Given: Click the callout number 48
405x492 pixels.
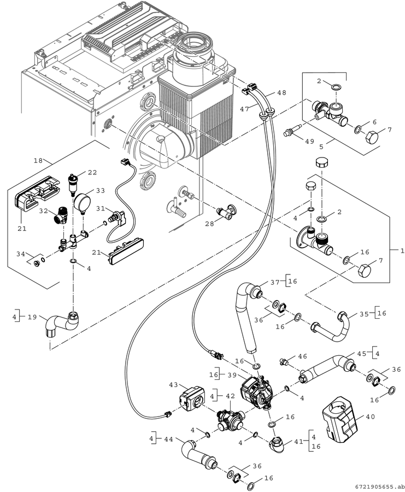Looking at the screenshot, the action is point(281,92).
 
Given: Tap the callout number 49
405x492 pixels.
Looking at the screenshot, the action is point(309,141).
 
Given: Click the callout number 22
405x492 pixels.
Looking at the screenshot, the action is point(92,172).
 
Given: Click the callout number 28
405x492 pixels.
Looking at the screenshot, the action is point(209,224).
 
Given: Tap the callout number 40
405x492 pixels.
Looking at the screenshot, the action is point(370,417).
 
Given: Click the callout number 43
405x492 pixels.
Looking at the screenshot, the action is point(173,384).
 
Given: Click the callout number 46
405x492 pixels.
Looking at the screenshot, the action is point(302,356).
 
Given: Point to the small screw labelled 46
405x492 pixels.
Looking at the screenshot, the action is point(284,361).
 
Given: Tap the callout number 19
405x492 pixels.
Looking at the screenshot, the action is point(32,317).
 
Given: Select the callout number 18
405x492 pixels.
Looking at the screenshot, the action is point(38,160).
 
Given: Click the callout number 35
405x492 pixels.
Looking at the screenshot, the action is point(364,313).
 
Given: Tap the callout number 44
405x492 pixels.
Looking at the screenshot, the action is point(168,440).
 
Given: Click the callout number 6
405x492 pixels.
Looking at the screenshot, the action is point(374,122).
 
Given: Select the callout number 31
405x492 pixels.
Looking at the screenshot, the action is point(101,208).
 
